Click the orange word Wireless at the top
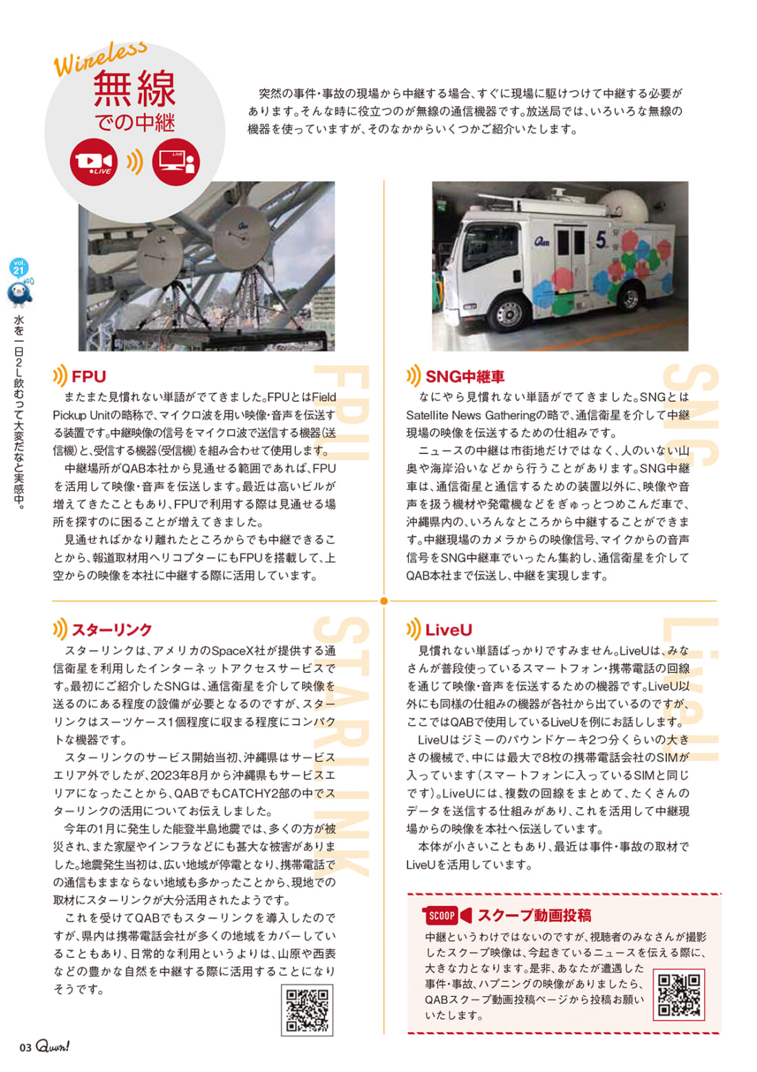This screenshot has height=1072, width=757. click(x=100, y=58)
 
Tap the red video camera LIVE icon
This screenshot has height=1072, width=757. click(x=93, y=162)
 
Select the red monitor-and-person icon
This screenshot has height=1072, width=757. click(x=176, y=162)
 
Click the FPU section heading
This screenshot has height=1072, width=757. click(x=88, y=376)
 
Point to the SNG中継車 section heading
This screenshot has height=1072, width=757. click(x=465, y=376)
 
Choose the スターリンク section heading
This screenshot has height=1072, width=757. click(x=111, y=630)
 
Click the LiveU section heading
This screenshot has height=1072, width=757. click(x=448, y=630)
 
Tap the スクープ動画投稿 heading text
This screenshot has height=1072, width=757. click(x=534, y=915)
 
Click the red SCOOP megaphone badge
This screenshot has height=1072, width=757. click(x=447, y=915)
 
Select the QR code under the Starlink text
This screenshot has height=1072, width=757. click(x=307, y=1010)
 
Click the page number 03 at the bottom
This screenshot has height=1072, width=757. click(x=25, y=1047)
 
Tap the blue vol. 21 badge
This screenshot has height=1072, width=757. click(x=19, y=267)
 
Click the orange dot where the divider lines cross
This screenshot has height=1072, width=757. click(x=384, y=601)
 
